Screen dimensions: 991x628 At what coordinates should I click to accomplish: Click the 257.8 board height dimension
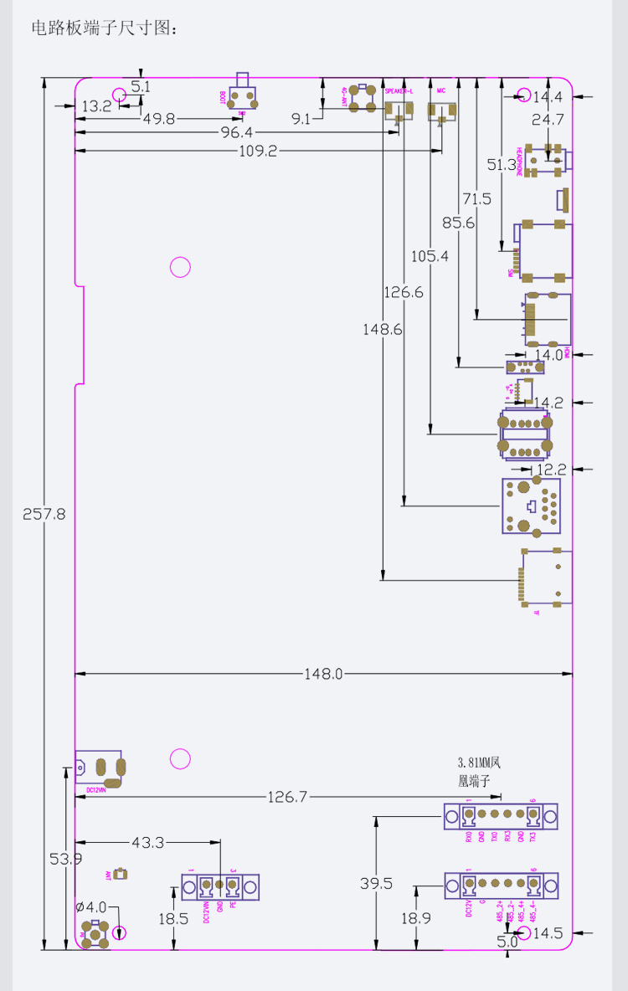tap(44, 514)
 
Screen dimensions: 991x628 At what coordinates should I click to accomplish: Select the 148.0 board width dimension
tap(323, 673)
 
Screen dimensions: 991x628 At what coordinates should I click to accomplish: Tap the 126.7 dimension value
tap(288, 797)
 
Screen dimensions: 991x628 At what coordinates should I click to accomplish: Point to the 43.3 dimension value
tap(148, 842)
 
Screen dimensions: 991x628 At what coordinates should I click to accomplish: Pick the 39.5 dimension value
tap(376, 884)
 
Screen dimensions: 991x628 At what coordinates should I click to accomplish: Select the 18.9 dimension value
tap(416, 918)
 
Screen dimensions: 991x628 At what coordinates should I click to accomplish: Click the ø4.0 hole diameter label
tap(91, 906)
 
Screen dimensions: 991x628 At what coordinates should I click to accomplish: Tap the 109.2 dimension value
tap(258, 151)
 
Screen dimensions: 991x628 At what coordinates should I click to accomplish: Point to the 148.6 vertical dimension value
tap(383, 329)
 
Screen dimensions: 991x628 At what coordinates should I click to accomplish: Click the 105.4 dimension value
tap(430, 256)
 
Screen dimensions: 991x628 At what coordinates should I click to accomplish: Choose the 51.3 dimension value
tap(502, 165)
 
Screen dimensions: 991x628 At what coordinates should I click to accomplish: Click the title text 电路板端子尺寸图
tap(104, 28)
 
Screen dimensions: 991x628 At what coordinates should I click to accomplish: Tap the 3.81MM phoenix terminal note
tap(477, 772)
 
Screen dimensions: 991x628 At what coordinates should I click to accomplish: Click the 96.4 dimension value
tap(236, 134)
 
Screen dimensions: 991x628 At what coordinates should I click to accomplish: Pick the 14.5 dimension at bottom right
tap(548, 932)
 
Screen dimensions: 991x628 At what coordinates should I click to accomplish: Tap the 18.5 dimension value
tap(173, 918)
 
